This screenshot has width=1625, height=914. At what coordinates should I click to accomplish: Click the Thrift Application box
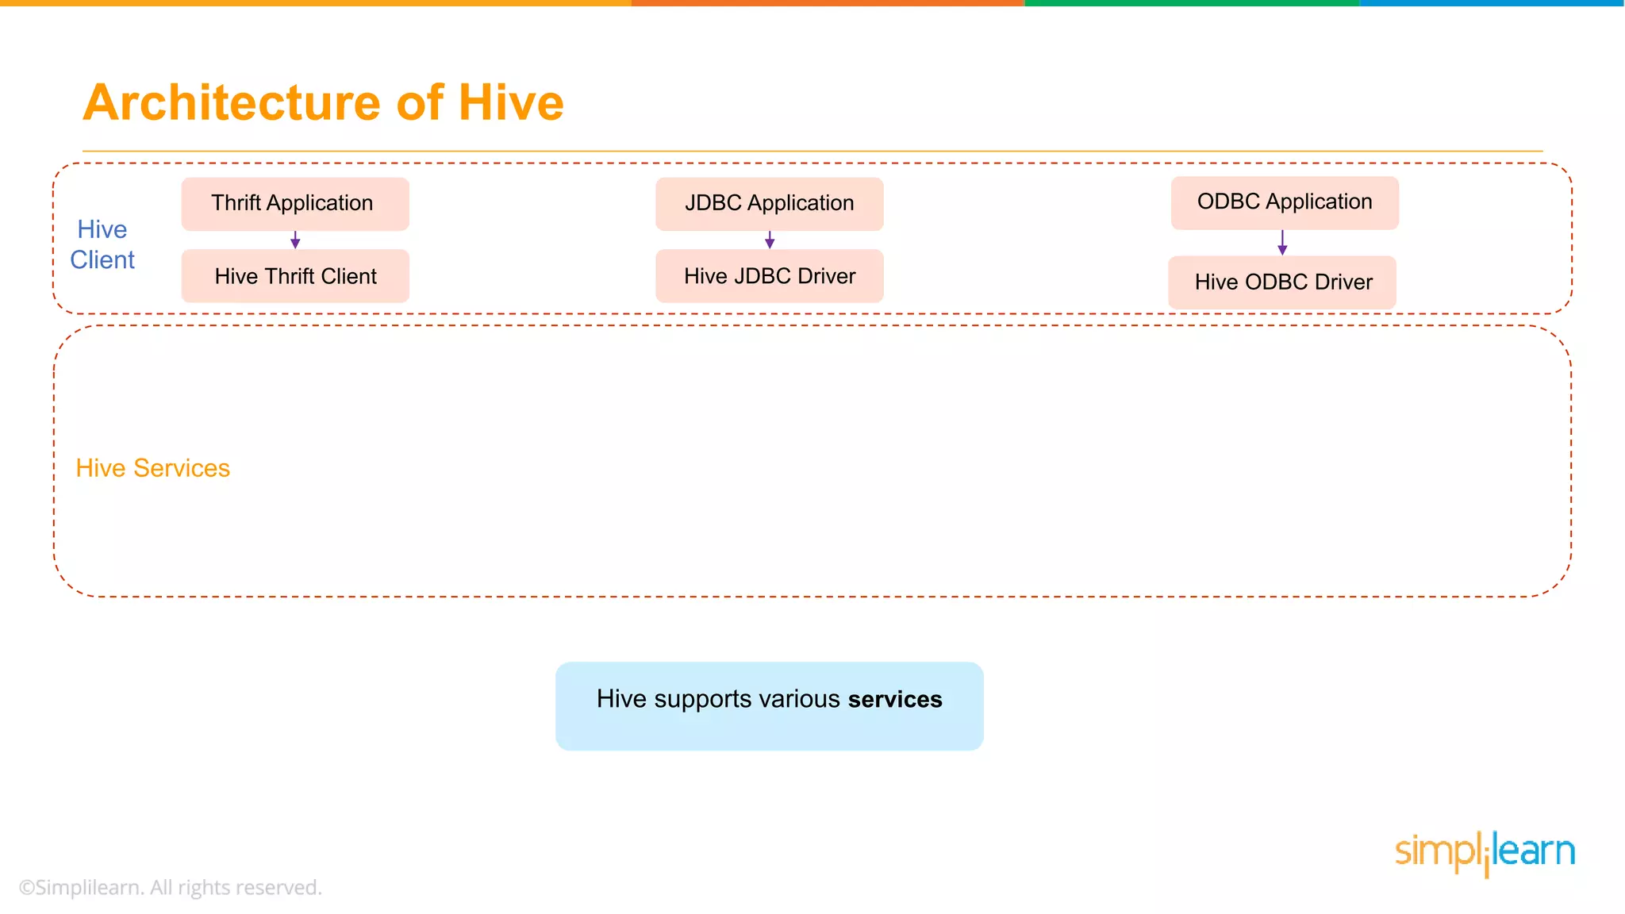[294, 204]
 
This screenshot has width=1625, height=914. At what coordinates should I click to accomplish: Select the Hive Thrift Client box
[294, 276]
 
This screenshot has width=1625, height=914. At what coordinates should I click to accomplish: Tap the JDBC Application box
[769, 204]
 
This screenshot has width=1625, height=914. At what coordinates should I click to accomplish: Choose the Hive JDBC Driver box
[769, 276]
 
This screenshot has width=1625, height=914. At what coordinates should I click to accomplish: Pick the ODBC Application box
[1284, 202]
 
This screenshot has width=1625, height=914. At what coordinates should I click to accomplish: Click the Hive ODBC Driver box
[1282, 282]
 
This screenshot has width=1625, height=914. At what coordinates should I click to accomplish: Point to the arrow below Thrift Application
[295, 240]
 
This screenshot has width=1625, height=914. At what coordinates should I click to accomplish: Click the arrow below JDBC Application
[770, 240]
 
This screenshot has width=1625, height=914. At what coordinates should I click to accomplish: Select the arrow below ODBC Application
[1282, 243]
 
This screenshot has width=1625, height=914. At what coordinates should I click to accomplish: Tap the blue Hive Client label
[102, 244]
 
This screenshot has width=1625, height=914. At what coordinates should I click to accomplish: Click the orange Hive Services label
[152, 468]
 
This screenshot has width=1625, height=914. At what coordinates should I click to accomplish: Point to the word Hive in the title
[510, 103]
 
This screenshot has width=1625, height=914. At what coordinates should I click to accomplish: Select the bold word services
[894, 700]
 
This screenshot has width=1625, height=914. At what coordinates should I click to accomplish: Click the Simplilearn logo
[1485, 853]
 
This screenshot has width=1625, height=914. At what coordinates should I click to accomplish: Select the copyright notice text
[170, 888]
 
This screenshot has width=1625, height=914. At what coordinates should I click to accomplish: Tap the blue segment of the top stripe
[1492, 3]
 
